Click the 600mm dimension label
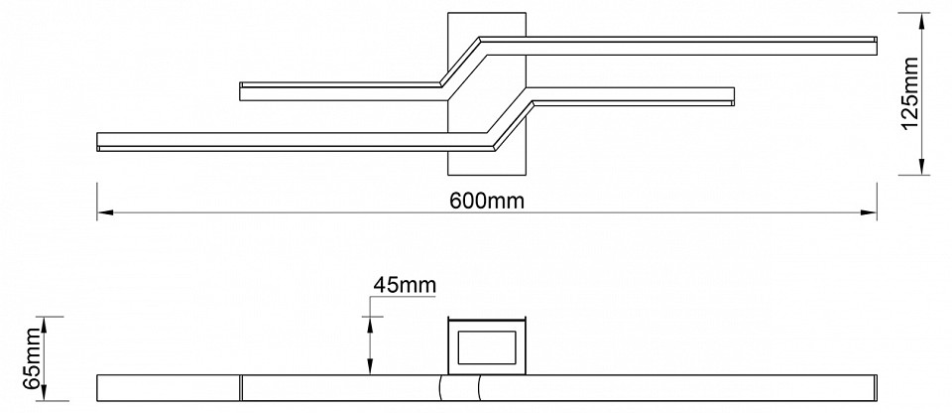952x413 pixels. pyautogui.click(x=486, y=200)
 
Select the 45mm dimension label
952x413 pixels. pyautogui.click(x=404, y=285)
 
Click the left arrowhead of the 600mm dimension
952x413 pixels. pyautogui.click(x=102, y=212)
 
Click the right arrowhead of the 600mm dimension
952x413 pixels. pyautogui.click(x=872, y=212)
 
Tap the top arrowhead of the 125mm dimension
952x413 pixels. pyautogui.click(x=924, y=18)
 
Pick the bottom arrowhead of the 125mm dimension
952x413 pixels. pyautogui.click(x=924, y=169)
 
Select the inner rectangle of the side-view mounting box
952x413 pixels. pyautogui.click(x=486, y=347)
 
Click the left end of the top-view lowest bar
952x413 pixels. pyautogui.click(x=100, y=141)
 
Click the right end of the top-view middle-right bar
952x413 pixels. pyautogui.click(x=732, y=96)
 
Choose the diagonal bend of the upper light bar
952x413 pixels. pyautogui.click(x=461, y=66)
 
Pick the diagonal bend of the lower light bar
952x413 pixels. pyautogui.click(x=513, y=122)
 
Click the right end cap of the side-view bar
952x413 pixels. pyautogui.click(x=874, y=387)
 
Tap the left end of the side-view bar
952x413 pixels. pyautogui.click(x=100, y=387)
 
